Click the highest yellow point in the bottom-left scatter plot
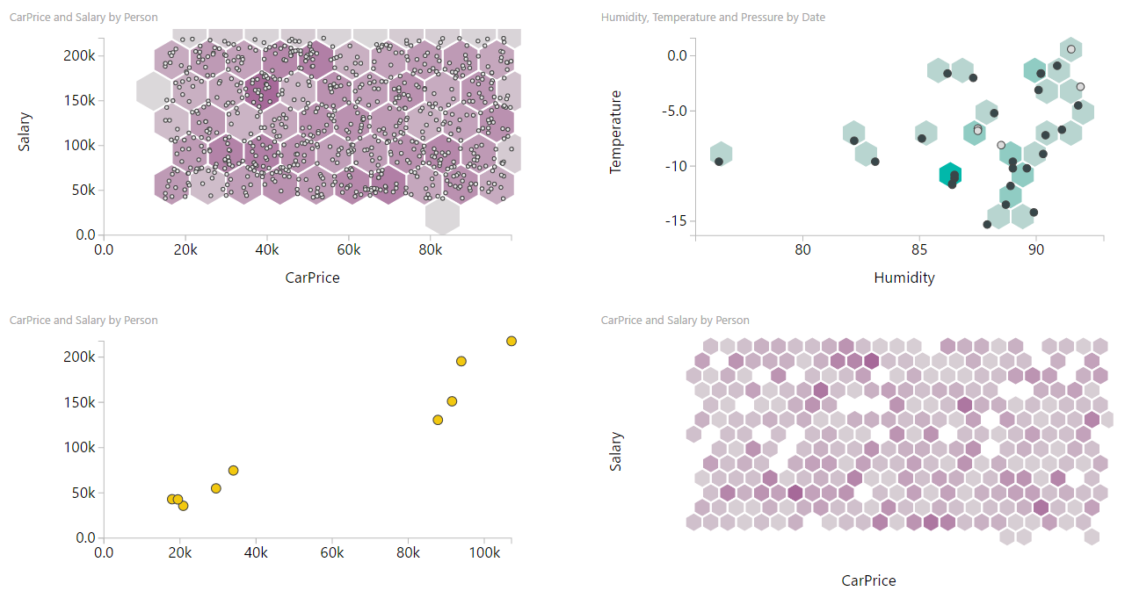click(512, 341)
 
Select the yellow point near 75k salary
click(233, 471)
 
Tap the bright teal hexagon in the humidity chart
click(949, 175)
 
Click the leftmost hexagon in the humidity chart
click(721, 154)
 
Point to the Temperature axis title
click(615, 132)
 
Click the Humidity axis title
click(903, 277)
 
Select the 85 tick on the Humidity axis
click(918, 249)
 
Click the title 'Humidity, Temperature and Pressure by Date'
click(713, 18)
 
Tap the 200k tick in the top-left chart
click(79, 55)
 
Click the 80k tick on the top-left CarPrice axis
click(430, 249)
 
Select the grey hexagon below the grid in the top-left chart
click(442, 215)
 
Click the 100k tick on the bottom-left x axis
click(484, 553)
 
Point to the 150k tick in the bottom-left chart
click(79, 402)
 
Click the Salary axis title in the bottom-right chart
click(615, 451)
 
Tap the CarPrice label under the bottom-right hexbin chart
click(868, 580)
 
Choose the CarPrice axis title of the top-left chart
click(312, 277)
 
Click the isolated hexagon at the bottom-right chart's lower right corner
click(1092, 536)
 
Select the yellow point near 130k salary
click(438, 420)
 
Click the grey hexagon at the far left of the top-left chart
click(154, 90)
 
